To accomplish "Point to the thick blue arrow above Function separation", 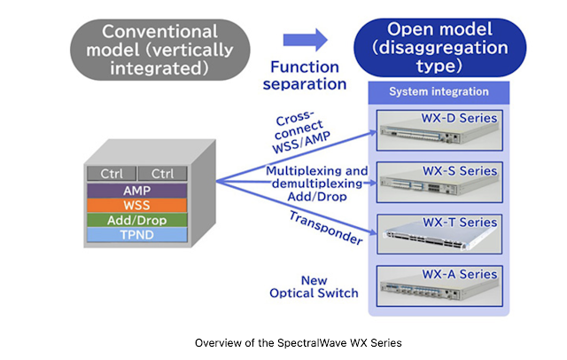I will pyautogui.click(x=306, y=39).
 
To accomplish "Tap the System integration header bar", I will pyautogui.click(x=439, y=92).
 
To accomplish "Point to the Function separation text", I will pyautogui.click(x=305, y=75).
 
